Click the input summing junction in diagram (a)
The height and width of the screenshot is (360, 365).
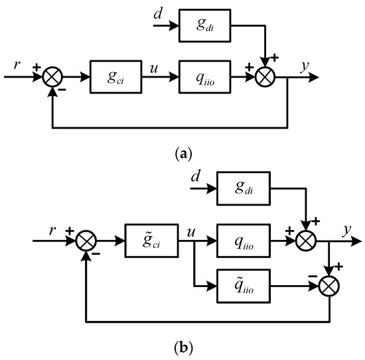click(x=51, y=77)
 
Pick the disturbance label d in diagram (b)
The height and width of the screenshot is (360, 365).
click(x=194, y=180)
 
